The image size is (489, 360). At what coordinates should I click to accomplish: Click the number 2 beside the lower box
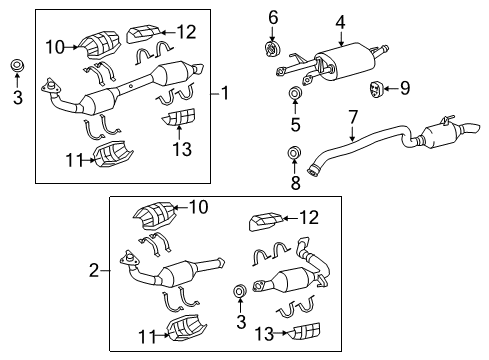point(93,270)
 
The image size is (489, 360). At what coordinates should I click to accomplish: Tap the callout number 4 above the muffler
point(340,20)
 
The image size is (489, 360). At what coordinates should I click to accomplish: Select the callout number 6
point(272,17)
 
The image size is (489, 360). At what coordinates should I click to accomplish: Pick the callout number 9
point(405,88)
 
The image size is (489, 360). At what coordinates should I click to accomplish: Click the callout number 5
point(295,124)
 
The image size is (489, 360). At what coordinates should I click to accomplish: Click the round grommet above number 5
point(295,95)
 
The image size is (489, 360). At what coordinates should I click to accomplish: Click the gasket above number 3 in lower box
point(239,291)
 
